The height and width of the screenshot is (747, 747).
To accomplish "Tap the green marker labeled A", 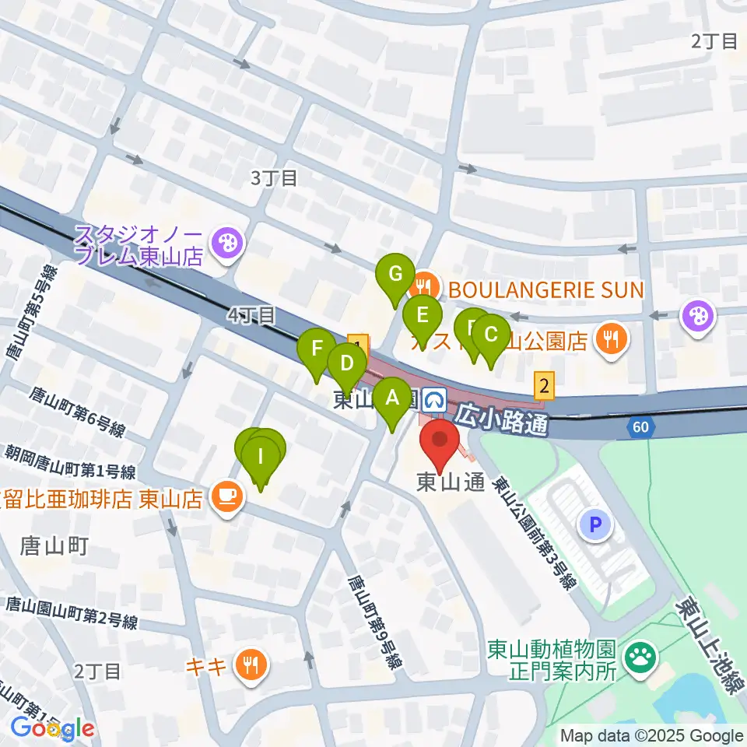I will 392,398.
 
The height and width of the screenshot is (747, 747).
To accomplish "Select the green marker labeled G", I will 395,275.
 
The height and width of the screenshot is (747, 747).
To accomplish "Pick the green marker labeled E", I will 423,316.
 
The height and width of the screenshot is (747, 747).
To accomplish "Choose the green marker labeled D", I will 346,363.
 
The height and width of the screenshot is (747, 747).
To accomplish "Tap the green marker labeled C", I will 491,335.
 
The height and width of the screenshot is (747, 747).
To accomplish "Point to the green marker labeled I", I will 261,454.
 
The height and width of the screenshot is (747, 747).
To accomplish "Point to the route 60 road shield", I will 639,426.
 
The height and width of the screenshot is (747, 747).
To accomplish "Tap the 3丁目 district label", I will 274,178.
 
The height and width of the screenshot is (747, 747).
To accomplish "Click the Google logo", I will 52,728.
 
